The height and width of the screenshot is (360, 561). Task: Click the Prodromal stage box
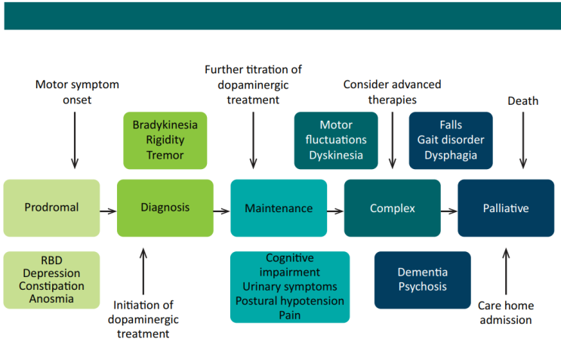point(51,208)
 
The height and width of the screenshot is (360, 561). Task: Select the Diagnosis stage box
point(165,208)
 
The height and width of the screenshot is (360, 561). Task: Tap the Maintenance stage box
point(279,208)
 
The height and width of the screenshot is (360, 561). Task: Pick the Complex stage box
point(392,208)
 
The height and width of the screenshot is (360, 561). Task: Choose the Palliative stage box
point(506,208)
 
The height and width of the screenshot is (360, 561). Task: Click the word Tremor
point(165,155)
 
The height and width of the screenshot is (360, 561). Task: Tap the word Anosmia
point(51,299)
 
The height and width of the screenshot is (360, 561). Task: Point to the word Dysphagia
point(451,155)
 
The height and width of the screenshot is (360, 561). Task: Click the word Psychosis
point(422,287)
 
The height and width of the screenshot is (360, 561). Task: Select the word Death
point(522,101)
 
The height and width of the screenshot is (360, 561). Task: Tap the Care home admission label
point(505,312)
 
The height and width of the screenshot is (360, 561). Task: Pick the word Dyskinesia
point(336,155)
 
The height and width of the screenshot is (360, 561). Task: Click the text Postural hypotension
point(289,301)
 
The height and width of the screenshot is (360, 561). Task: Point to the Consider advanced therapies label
point(392,91)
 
